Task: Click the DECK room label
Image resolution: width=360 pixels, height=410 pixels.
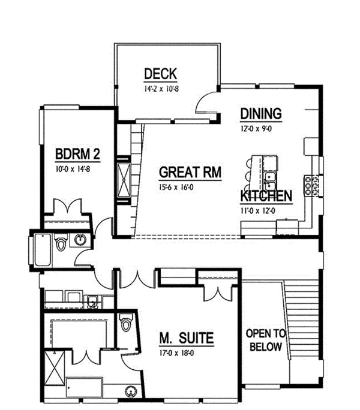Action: click(160, 74)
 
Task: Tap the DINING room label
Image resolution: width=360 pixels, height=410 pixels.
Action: click(261, 114)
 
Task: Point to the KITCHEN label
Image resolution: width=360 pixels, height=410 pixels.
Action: click(266, 196)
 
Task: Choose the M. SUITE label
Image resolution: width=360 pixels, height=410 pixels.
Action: click(185, 339)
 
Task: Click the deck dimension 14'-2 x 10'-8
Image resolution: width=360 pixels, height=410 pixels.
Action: click(160, 88)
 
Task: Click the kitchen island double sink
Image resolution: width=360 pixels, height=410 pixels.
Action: click(269, 177)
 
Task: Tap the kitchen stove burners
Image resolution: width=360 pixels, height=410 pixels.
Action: click(312, 186)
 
